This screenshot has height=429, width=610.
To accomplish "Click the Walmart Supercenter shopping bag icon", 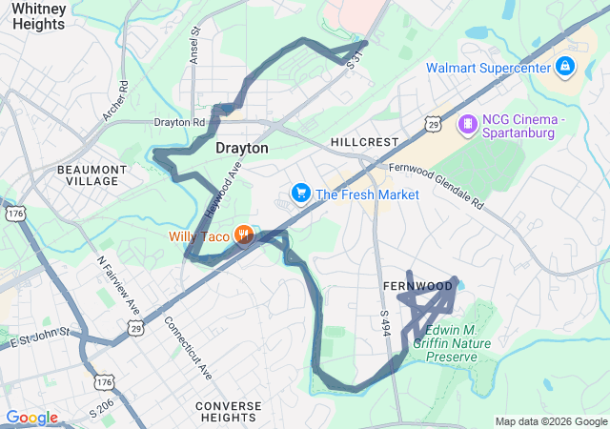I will click(565, 67).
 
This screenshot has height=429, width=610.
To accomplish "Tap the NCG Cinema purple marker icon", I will click(468, 123).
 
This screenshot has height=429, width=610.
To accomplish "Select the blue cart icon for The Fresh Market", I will click(301, 194).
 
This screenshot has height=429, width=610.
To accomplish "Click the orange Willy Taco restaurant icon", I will click(243, 235).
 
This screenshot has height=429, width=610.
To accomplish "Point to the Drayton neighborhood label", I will click(242, 149).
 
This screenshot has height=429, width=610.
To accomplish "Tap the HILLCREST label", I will click(364, 141).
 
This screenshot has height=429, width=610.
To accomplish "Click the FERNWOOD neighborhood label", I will click(417, 286).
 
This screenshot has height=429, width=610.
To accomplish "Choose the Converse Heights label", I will click(228, 413).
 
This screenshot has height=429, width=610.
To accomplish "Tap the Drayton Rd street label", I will click(180, 122).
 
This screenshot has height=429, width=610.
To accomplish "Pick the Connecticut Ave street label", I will click(189, 348).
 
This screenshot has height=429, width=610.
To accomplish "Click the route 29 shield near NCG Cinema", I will click(434, 125).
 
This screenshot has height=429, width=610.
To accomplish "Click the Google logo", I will click(31, 418).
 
